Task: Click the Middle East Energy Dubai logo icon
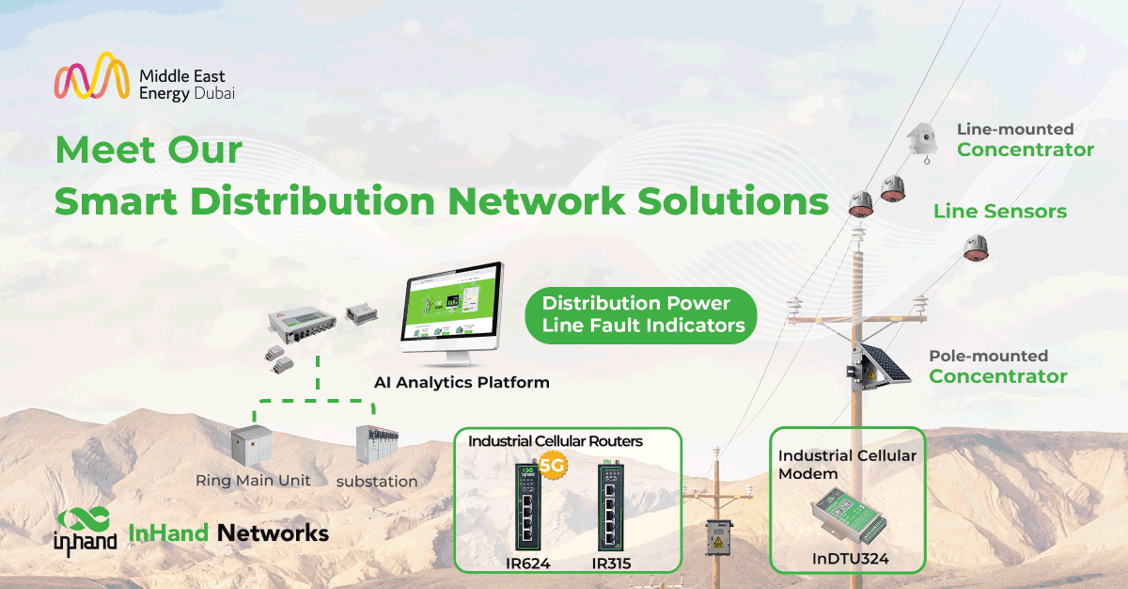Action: [90, 76]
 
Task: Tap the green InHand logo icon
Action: [84, 528]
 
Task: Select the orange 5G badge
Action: [554, 463]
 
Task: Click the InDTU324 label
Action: [851, 559]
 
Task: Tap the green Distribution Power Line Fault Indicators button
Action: [636, 314]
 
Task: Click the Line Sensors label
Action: [999, 212]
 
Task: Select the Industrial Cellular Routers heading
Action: [556, 440]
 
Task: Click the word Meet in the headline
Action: [106, 150]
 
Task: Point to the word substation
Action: [376, 482]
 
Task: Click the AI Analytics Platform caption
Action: [462, 383]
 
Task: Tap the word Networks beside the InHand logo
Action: [273, 533]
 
